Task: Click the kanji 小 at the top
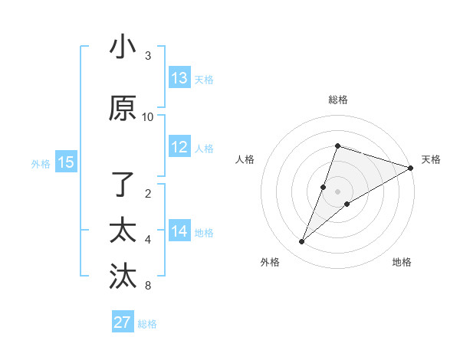[123, 47]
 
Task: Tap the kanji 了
[123, 185]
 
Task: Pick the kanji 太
[123, 231]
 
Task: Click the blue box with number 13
[179, 78]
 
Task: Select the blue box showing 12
[179, 147]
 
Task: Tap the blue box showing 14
[179, 231]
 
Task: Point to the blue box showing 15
[66, 162]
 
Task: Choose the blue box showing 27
[123, 322]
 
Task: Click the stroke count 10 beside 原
[148, 117]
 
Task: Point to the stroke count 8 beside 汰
[148, 286]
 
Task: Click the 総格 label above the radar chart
[338, 100]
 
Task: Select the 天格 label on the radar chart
[431, 159]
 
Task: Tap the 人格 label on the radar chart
[245, 159]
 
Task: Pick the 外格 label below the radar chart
[270, 262]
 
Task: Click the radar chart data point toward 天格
[410, 168]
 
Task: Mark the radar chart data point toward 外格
[302, 242]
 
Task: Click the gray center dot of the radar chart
[338, 191]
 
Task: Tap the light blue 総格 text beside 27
[147, 324]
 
